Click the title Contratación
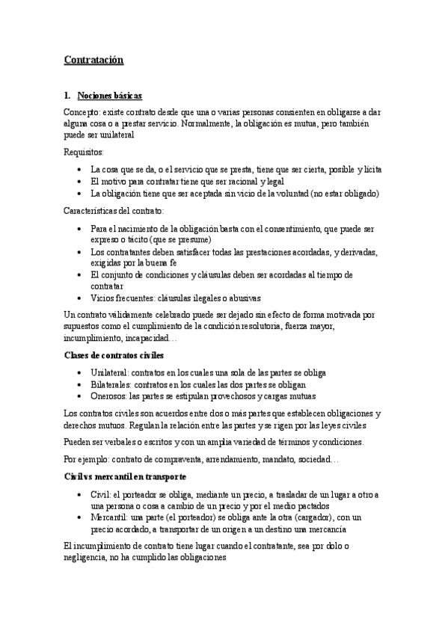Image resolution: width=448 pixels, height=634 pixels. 93,59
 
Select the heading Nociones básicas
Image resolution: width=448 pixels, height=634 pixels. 110,96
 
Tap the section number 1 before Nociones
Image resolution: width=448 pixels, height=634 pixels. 67,96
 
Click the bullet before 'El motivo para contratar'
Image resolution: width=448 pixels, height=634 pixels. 80,182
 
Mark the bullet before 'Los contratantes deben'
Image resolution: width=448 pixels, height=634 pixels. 80,252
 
